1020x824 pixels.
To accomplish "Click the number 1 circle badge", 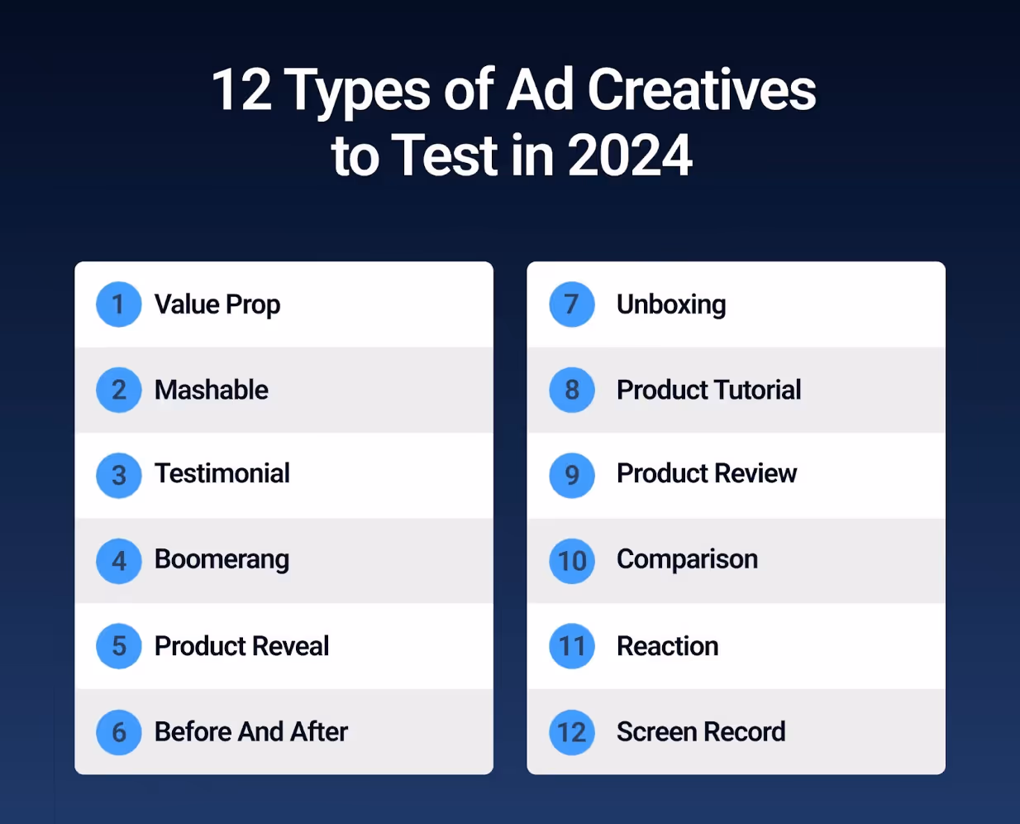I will [119, 304].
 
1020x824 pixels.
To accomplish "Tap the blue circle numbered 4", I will [119, 561].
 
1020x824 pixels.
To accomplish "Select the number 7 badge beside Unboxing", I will [572, 304].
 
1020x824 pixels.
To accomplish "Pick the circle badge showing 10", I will [572, 561].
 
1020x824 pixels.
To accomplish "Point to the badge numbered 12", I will [572, 732].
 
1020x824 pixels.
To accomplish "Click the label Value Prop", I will [217, 304].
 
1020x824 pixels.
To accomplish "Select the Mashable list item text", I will [212, 390].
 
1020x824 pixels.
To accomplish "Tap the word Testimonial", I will [222, 473].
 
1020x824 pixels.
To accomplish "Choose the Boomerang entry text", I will [222, 560].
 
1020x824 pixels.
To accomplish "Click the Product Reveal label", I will [241, 646].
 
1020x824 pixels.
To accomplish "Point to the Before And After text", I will [251, 731].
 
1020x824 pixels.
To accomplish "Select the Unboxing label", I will [671, 304].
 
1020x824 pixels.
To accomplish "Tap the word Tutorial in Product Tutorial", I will [758, 390].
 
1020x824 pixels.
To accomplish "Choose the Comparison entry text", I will [687, 559].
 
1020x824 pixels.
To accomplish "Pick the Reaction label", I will [668, 646].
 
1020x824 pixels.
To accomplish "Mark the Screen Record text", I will [701, 731].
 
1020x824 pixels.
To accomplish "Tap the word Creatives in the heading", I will [702, 89].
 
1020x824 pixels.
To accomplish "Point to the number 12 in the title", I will [241, 89].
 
